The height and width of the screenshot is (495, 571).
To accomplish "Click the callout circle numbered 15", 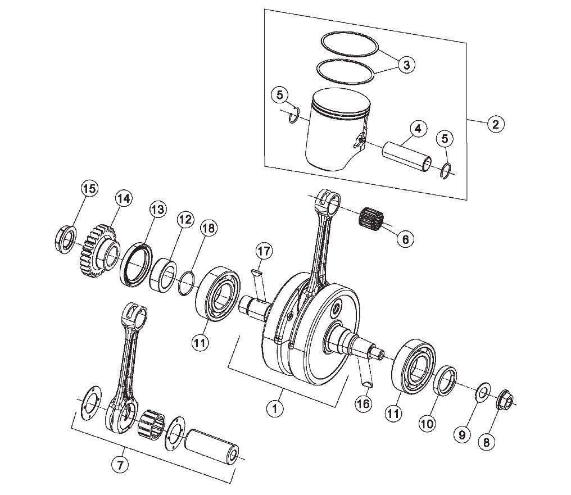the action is (x=89, y=189).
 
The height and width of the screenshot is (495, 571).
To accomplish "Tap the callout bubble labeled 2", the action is (x=495, y=125).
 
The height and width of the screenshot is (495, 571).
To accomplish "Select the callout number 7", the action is (x=120, y=465).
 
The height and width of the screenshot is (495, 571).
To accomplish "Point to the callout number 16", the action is (x=364, y=403).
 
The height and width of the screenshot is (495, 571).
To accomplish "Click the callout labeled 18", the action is (x=209, y=228).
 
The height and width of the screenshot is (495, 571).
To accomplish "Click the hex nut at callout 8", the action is (x=504, y=400).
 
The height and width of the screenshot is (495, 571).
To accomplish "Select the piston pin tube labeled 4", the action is (x=407, y=157).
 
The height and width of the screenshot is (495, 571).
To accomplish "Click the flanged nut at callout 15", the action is (x=66, y=240).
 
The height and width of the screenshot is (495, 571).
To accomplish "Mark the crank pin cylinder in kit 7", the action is (x=212, y=448).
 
